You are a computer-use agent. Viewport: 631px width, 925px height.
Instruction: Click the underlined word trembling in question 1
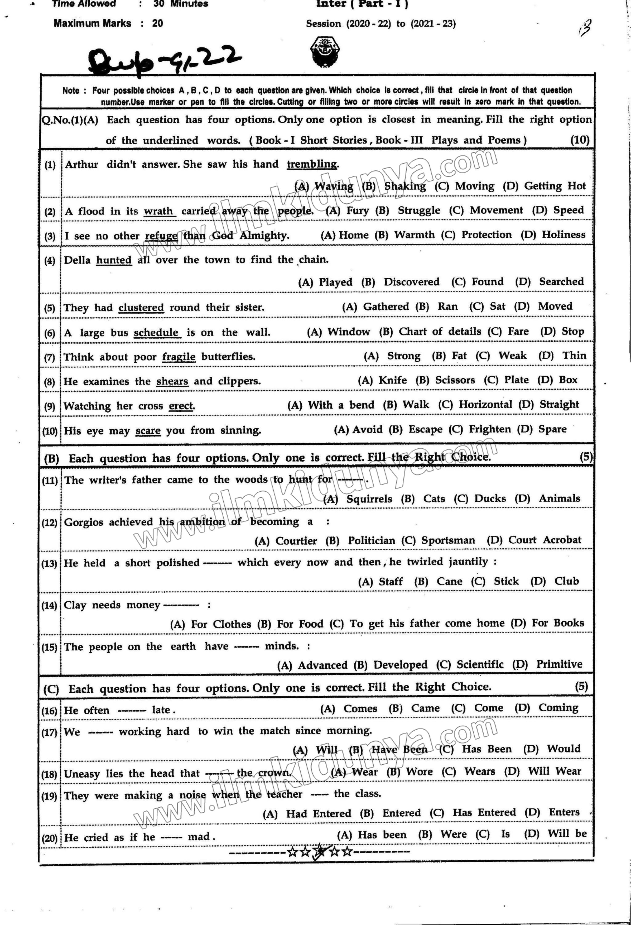(312, 164)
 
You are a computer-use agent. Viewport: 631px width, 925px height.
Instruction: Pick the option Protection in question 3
(486, 234)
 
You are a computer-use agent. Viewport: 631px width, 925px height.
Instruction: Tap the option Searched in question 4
(561, 281)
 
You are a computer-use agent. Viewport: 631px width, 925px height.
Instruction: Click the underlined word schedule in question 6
(156, 332)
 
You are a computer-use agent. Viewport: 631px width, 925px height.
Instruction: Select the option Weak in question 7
(512, 356)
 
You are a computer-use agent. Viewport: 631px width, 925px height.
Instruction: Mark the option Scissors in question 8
(455, 380)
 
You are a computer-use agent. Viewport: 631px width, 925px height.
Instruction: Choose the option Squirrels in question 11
(369, 499)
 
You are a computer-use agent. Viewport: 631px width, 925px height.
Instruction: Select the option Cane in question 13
(449, 581)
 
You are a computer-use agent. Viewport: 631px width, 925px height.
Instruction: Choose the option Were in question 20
(453, 834)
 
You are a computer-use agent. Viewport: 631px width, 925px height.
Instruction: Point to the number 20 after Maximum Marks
(157, 23)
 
